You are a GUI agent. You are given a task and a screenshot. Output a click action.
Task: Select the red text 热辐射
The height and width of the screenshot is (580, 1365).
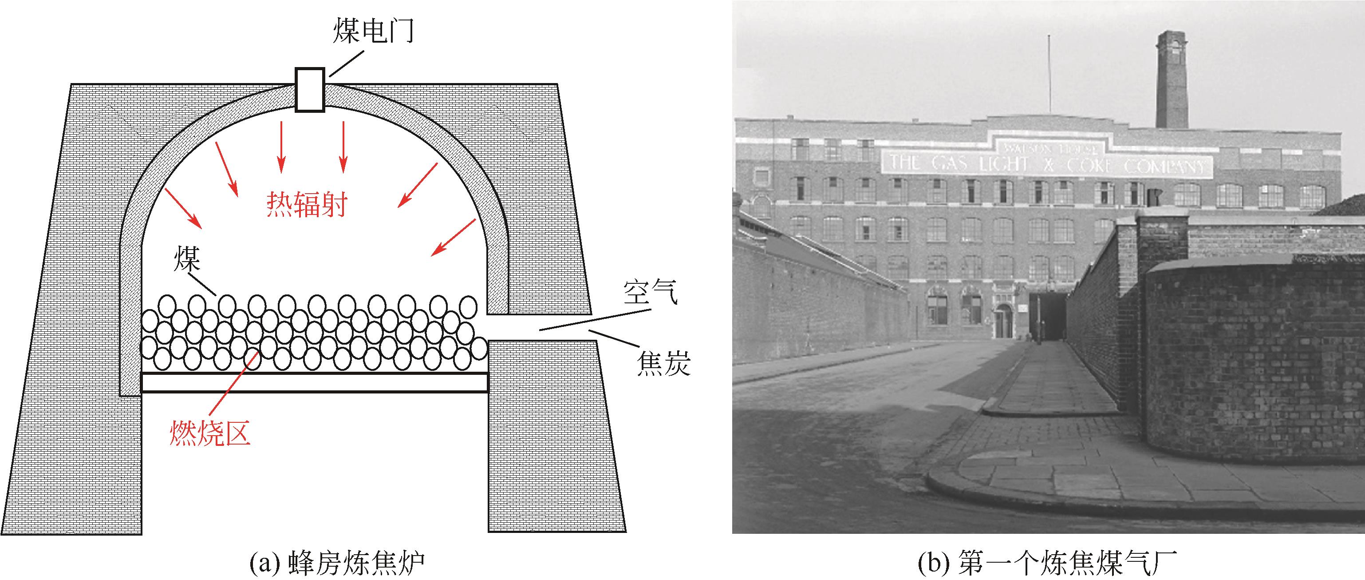pos(307,205)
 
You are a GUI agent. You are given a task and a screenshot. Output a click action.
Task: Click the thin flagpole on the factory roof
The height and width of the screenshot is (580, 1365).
pos(1049,74)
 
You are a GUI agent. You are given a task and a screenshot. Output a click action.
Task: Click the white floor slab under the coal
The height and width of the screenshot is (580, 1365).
pos(315,382)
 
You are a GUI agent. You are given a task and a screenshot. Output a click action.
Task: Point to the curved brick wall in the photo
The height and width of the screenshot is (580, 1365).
pos(1251,361)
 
